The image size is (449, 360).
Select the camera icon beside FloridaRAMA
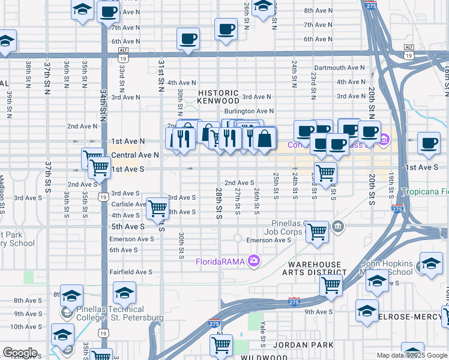[255, 260]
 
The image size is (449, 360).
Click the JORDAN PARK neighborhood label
[299, 345]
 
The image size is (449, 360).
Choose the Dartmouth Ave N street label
[339, 68]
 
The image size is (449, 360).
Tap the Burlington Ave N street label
[249, 111]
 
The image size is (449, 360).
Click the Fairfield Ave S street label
[131, 272]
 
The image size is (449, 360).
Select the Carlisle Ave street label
[129, 204]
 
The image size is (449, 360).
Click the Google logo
[20, 353]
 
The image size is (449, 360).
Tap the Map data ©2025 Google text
[412, 355]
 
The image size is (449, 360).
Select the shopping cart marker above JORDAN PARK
[221, 345]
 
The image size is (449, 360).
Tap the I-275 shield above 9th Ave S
[294, 301]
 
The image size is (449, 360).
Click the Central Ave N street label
[135, 154]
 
